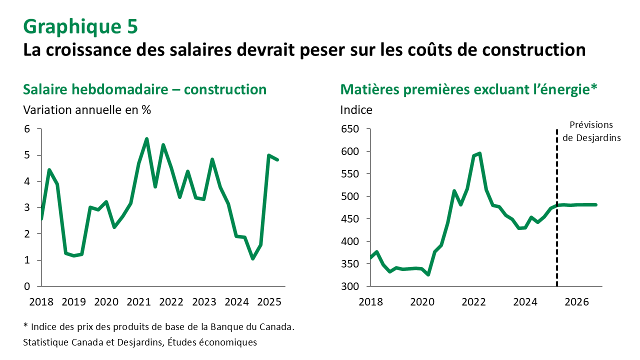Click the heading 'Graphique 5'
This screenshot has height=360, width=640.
[80, 27]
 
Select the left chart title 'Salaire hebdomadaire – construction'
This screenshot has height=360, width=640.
[145, 89]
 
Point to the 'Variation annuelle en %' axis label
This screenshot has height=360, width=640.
[87, 110]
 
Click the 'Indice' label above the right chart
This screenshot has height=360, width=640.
[356, 110]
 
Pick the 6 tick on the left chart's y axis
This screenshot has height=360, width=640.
[27, 129]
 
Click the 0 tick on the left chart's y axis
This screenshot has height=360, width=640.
[27, 286]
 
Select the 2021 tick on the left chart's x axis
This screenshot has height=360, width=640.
[138, 302]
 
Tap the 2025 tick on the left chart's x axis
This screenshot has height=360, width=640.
[269, 302]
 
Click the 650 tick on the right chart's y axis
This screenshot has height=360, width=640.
[350, 129]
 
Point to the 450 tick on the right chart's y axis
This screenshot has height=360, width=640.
[350, 219]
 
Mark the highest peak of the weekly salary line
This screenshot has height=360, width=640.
[146, 139]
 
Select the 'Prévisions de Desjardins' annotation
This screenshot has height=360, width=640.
[591, 131]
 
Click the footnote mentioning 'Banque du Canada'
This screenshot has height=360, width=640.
[158, 327]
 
